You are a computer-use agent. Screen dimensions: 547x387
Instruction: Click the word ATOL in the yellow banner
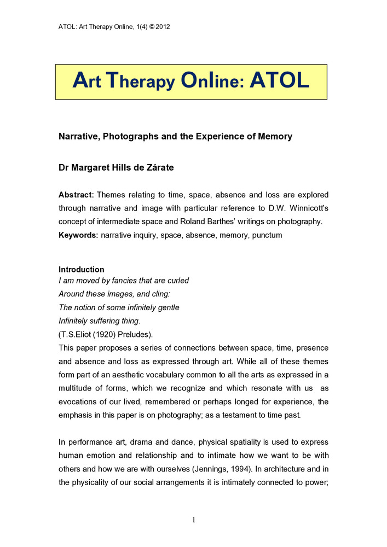click(x=280, y=82)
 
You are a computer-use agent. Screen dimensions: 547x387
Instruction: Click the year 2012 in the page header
click(x=162, y=26)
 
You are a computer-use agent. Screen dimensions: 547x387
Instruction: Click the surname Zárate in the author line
click(x=158, y=168)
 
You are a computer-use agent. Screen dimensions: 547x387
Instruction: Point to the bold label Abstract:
click(x=77, y=195)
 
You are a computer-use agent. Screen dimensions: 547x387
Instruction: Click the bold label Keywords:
click(x=79, y=235)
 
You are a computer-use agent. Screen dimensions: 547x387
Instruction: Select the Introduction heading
click(x=81, y=270)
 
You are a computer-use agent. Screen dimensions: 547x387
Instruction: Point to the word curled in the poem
click(x=176, y=281)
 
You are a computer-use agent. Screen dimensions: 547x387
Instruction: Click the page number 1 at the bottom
click(x=193, y=520)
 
